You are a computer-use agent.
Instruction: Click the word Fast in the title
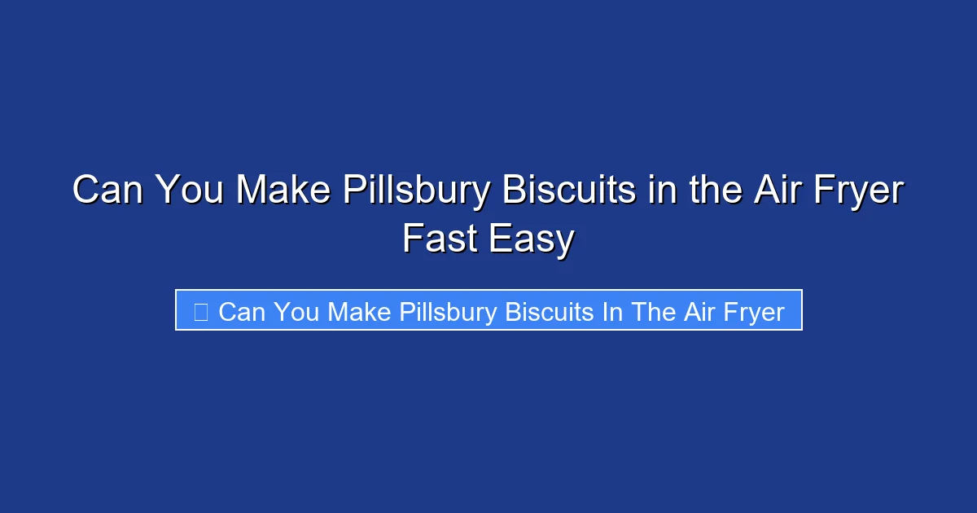(440, 239)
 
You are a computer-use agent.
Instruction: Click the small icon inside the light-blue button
(200, 311)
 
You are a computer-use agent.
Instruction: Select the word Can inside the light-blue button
(241, 311)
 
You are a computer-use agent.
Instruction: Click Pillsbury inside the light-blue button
(449, 312)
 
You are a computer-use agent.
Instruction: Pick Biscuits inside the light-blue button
(550, 311)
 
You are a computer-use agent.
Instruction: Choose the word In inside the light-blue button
(613, 311)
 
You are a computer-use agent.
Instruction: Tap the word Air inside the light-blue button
(699, 311)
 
